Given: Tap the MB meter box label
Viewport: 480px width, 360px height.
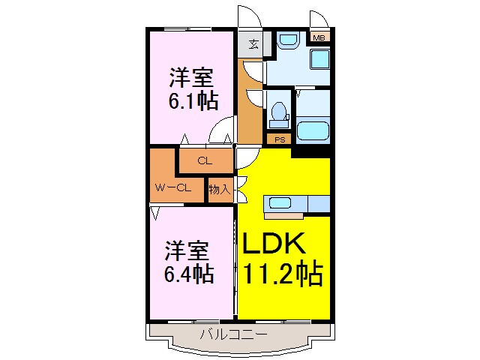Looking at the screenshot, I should point(319,37).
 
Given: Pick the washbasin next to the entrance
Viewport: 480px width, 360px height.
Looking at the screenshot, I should point(286,41).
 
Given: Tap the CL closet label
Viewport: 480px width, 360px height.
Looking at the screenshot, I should point(204,160).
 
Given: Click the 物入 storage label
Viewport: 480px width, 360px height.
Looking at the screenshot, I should point(219,190).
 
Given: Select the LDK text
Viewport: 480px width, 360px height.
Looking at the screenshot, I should point(273,244).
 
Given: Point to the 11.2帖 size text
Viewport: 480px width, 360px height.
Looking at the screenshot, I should point(282,274).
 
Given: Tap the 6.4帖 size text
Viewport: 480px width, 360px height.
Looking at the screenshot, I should point(189,274).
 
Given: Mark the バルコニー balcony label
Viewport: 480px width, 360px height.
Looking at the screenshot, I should point(232,333).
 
